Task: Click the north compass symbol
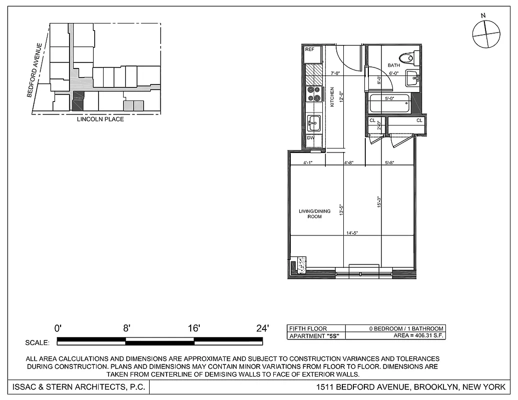click(x=486, y=34)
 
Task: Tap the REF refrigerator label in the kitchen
click(x=310, y=49)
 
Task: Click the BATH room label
click(x=393, y=65)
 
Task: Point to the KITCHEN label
click(x=332, y=96)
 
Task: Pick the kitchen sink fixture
click(x=314, y=122)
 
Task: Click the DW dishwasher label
click(x=310, y=137)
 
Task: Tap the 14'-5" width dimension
click(x=352, y=233)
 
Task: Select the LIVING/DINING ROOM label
click(x=315, y=214)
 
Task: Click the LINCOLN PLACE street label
click(x=100, y=119)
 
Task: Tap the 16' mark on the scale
click(x=194, y=328)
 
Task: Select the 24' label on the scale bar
click(x=262, y=328)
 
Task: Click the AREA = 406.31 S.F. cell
click(x=418, y=336)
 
